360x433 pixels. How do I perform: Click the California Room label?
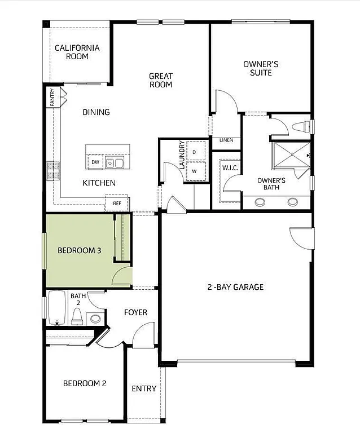click(77, 52)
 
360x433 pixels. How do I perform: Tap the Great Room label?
click(161, 80)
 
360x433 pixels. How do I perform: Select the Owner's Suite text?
click(257, 68)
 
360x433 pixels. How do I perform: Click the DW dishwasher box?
click(95, 162)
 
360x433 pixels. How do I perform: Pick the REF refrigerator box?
click(117, 203)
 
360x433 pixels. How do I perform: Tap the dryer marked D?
click(194, 152)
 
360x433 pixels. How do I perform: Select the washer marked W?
click(194, 171)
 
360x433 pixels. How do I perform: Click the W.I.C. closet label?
click(229, 167)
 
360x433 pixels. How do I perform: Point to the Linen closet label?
click(226, 140)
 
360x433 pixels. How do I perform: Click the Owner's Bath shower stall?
click(291, 155)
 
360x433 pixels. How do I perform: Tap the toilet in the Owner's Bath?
click(301, 126)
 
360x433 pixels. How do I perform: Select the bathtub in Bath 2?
click(57, 307)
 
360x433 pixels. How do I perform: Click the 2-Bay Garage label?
click(235, 287)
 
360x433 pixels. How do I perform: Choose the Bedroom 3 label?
click(80, 250)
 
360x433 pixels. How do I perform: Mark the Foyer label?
click(135, 312)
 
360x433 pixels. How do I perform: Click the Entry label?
click(144, 388)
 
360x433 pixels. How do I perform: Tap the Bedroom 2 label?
click(85, 383)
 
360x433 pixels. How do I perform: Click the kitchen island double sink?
click(116, 164)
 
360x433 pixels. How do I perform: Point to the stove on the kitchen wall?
click(54, 171)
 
